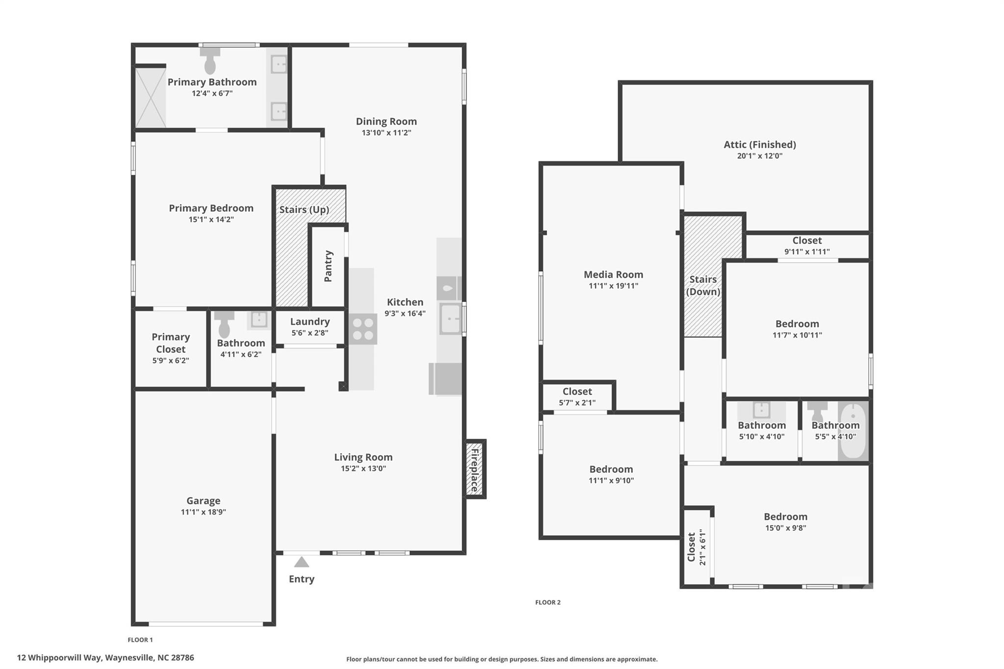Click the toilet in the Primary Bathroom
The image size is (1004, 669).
[x=210, y=61]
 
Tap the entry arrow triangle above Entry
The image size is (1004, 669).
[x=301, y=562]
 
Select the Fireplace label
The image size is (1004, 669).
[x=475, y=470]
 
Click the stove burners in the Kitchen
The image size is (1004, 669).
[x=363, y=329]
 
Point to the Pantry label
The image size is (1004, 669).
[x=328, y=266]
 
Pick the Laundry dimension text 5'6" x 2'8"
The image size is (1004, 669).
[x=310, y=333]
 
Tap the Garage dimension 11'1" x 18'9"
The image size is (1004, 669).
[x=203, y=512]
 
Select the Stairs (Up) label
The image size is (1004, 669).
[x=304, y=210]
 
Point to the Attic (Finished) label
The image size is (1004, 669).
[x=759, y=145]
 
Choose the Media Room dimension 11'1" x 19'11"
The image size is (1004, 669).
[x=613, y=286]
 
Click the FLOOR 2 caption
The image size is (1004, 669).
[x=548, y=602]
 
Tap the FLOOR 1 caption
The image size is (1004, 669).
[x=140, y=640]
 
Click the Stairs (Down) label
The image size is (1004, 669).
[x=703, y=285]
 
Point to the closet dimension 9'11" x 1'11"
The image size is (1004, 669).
[x=806, y=252]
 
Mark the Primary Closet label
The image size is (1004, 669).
[x=171, y=343]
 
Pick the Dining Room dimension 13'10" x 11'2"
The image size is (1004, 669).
[x=386, y=133]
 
